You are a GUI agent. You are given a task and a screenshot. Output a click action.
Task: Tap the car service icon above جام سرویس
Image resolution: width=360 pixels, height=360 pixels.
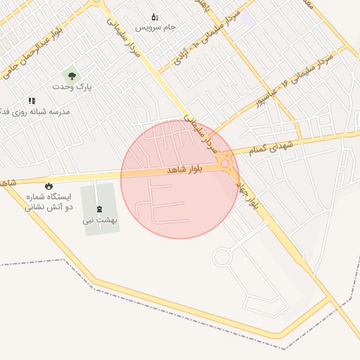pos(155,17)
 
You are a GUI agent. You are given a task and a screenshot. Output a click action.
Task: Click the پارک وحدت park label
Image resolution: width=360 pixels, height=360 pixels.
pos(72,86)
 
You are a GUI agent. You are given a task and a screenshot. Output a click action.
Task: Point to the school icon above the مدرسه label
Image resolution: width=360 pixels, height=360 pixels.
pos(32,101)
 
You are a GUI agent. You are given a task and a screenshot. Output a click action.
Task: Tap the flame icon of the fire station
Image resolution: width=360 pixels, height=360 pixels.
pos(49,186)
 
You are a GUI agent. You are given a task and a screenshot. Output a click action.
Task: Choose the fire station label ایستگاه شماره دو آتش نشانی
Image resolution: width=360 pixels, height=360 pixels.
pos(49,202)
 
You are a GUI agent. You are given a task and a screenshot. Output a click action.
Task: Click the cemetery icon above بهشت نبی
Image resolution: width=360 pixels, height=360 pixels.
pos(98,209)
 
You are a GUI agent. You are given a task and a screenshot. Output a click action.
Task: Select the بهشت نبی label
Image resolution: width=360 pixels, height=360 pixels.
pos(100,219)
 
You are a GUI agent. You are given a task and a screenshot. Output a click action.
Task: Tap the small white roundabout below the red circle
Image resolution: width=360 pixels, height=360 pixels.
pos(222,257)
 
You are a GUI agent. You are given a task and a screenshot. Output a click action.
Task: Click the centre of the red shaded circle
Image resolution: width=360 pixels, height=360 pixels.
pos(180,179)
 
